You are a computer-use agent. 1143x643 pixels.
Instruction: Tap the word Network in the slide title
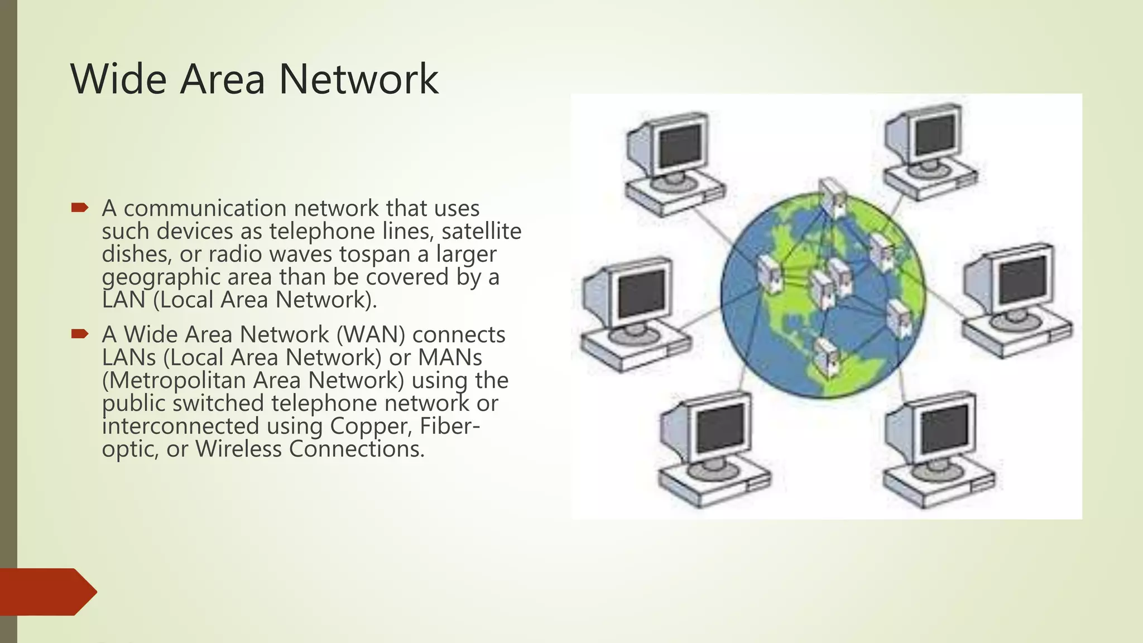pos(358,79)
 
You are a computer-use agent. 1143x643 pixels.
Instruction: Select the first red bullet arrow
pos(80,208)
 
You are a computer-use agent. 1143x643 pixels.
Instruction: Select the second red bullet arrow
pos(80,334)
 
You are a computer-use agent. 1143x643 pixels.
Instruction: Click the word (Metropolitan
pos(174,380)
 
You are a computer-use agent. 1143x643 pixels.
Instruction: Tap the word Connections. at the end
pos(357,449)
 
